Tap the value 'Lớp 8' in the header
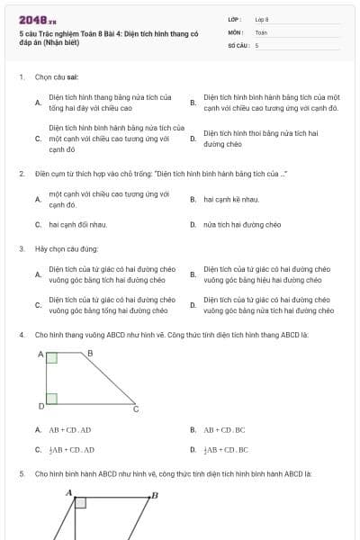(262, 18)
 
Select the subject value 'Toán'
(261, 31)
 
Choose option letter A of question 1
(37, 103)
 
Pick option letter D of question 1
(193, 139)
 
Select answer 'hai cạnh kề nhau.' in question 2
(231, 199)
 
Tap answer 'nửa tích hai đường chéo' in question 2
(242, 224)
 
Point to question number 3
(21, 248)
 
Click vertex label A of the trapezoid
(40, 355)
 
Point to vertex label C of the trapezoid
(136, 409)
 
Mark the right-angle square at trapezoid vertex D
(51, 398)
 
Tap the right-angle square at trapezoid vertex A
(51, 359)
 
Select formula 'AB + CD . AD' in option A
(70, 430)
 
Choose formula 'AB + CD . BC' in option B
(224, 430)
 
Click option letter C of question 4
(37, 449)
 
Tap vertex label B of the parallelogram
(154, 495)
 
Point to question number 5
(21, 472)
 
